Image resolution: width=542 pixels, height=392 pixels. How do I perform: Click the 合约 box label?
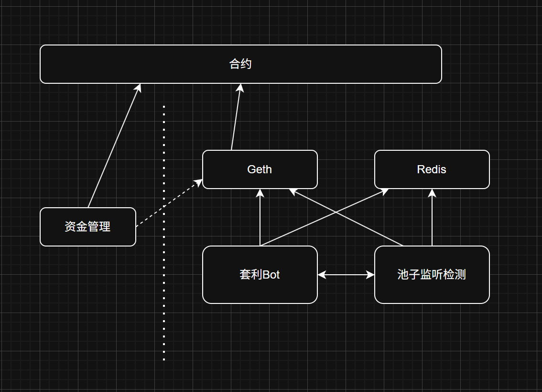tap(240, 64)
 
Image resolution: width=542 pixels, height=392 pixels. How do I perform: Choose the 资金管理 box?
tap(87, 227)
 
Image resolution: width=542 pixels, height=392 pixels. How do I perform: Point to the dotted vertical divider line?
tap(164, 287)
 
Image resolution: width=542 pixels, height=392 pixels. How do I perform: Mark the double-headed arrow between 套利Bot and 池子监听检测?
tap(346, 275)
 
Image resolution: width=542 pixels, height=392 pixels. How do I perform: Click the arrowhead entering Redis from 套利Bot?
tap(385, 190)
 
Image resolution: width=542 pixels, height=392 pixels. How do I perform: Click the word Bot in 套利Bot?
tap(271, 275)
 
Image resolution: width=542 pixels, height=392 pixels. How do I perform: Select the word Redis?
tap(432, 169)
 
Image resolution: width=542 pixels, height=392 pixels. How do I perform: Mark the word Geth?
tap(260, 169)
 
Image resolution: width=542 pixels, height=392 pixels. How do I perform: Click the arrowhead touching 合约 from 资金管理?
tap(139, 88)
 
